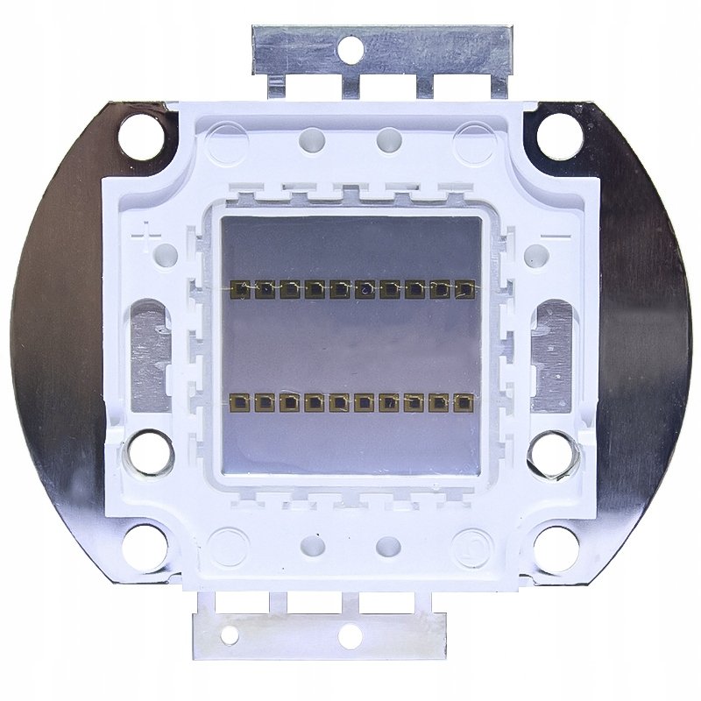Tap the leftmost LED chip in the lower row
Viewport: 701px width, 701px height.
(239, 402)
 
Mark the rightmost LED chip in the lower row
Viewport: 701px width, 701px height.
(463, 402)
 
